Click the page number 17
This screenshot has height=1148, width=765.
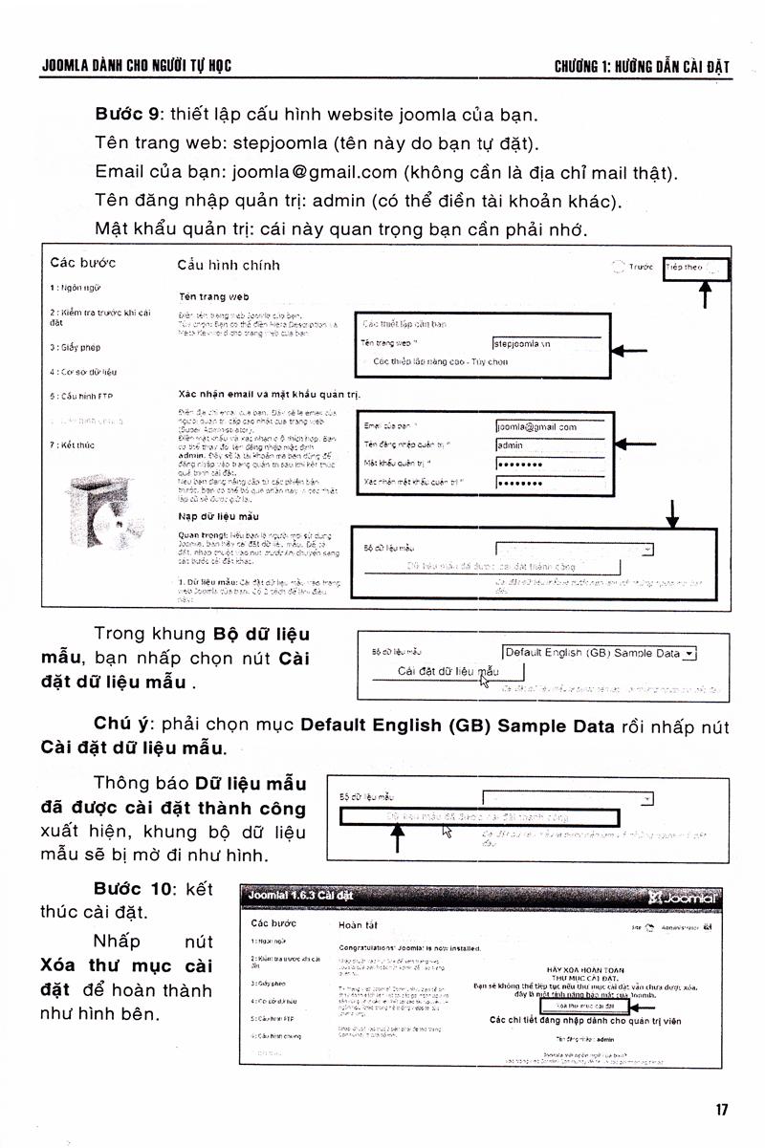point(721,1110)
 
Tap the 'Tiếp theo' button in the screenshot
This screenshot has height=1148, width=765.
point(696,269)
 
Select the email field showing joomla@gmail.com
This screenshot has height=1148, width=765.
point(550,426)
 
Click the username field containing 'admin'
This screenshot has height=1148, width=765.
point(550,444)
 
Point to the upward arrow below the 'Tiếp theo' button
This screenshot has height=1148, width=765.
point(706,295)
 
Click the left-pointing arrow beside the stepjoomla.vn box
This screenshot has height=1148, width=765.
point(628,352)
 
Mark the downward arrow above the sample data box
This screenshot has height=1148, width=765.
point(673,513)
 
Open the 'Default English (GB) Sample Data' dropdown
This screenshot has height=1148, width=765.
point(600,654)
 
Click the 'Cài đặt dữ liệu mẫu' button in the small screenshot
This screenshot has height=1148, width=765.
point(448,672)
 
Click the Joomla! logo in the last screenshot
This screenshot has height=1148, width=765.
point(682,898)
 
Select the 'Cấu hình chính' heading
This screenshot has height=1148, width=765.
point(229,265)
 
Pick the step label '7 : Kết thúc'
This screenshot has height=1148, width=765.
point(72,444)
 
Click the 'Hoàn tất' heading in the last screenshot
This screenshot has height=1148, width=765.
point(359,925)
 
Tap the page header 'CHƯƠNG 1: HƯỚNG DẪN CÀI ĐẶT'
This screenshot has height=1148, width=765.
point(642,66)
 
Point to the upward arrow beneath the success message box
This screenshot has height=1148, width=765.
point(399,839)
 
